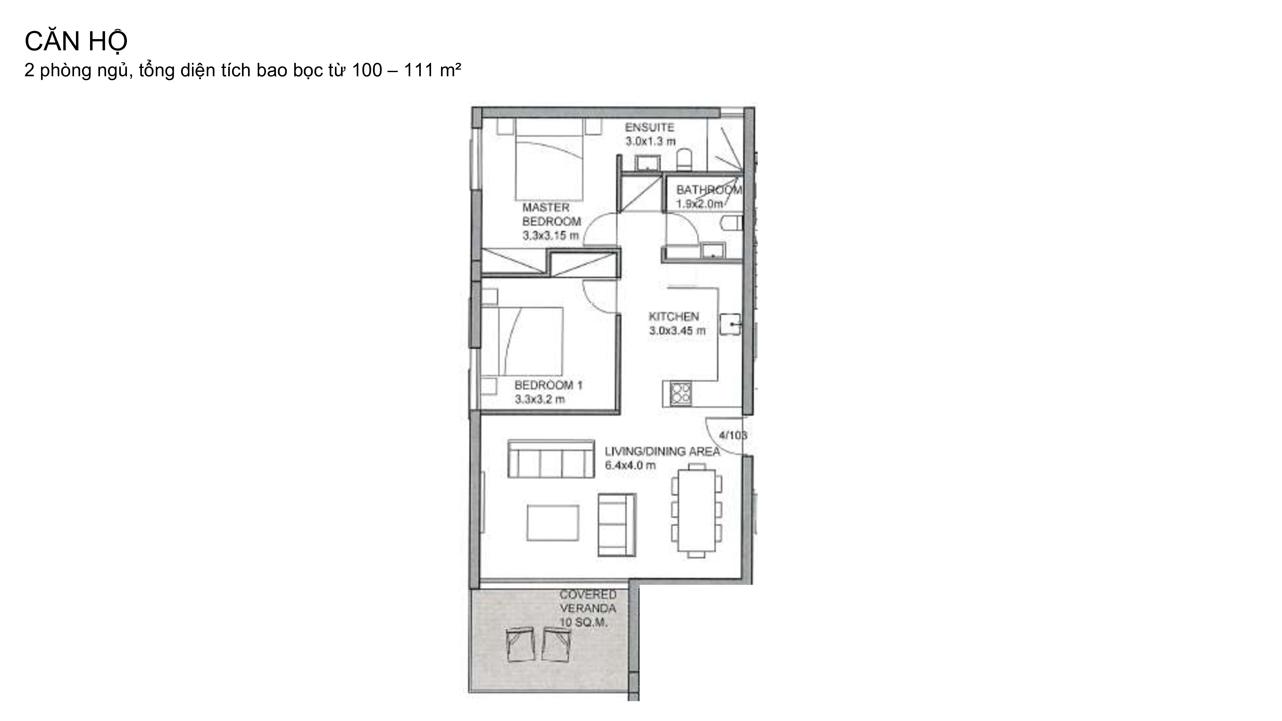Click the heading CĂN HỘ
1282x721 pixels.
(x=76, y=41)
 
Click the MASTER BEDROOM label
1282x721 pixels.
(x=551, y=214)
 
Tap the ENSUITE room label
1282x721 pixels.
(x=649, y=128)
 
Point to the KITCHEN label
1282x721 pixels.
(x=674, y=317)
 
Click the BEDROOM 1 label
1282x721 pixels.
(x=548, y=385)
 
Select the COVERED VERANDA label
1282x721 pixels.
(x=588, y=601)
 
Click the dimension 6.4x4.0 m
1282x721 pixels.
(x=630, y=466)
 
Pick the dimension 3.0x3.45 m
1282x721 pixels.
(x=677, y=330)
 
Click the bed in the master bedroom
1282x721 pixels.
(x=549, y=159)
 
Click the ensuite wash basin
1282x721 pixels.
(x=647, y=163)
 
